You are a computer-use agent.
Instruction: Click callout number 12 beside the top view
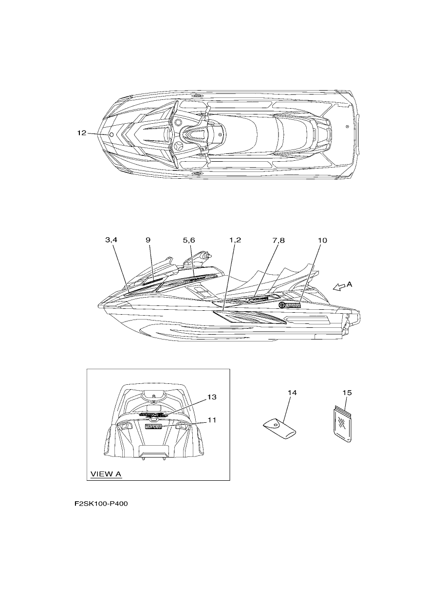coord(82,133)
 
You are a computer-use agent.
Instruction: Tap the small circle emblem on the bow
coord(111,134)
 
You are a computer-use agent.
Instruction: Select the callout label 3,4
coord(111,240)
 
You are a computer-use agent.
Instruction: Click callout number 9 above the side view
coord(149,240)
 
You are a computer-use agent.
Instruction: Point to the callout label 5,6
coord(189,240)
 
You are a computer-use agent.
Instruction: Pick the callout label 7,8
coord(278,240)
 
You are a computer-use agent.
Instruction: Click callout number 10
coord(322,240)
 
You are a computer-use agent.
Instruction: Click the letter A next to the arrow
coord(350,284)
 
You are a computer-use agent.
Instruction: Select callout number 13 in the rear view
coord(212,397)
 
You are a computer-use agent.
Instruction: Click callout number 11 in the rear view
coord(212,420)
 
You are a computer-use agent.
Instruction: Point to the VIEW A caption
coord(106,474)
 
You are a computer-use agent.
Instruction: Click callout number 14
coord(292,393)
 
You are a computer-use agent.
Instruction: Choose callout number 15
coord(347,393)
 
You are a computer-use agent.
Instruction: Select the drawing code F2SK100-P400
coord(101,504)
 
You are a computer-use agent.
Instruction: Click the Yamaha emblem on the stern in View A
coord(153,426)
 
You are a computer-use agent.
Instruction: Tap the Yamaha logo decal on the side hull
coord(290,305)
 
